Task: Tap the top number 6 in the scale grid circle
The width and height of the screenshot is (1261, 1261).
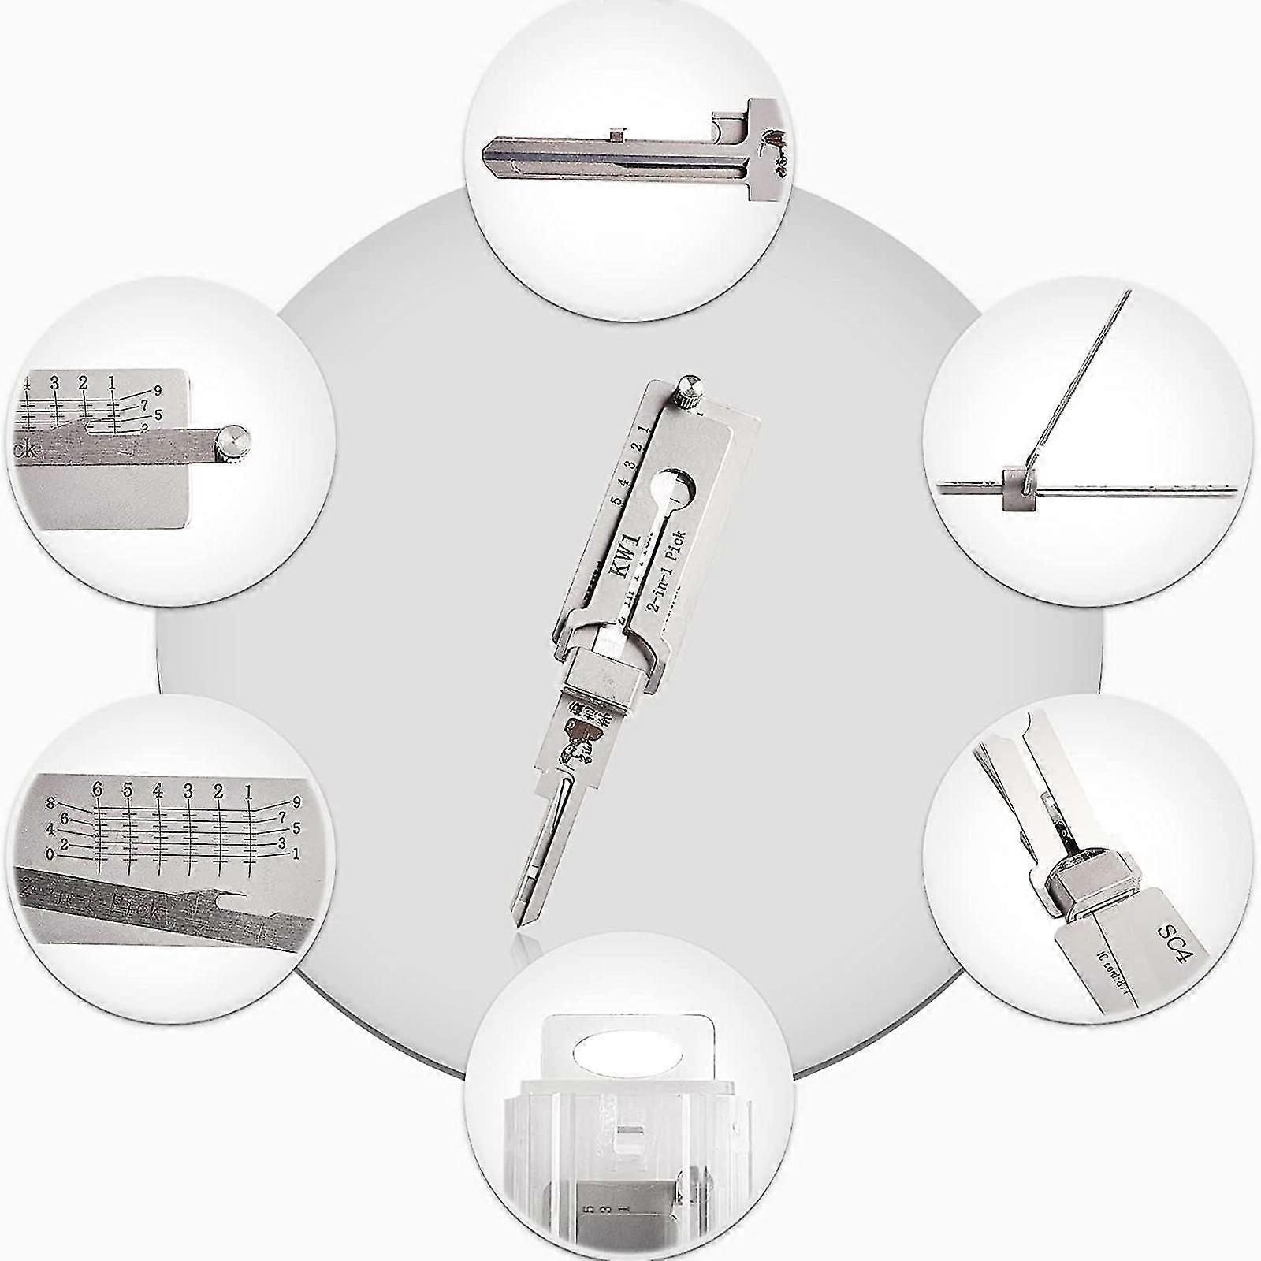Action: click(x=98, y=789)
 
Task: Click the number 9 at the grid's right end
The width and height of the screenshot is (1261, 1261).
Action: click(x=296, y=803)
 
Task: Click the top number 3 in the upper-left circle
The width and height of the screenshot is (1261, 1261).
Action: click(x=55, y=383)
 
